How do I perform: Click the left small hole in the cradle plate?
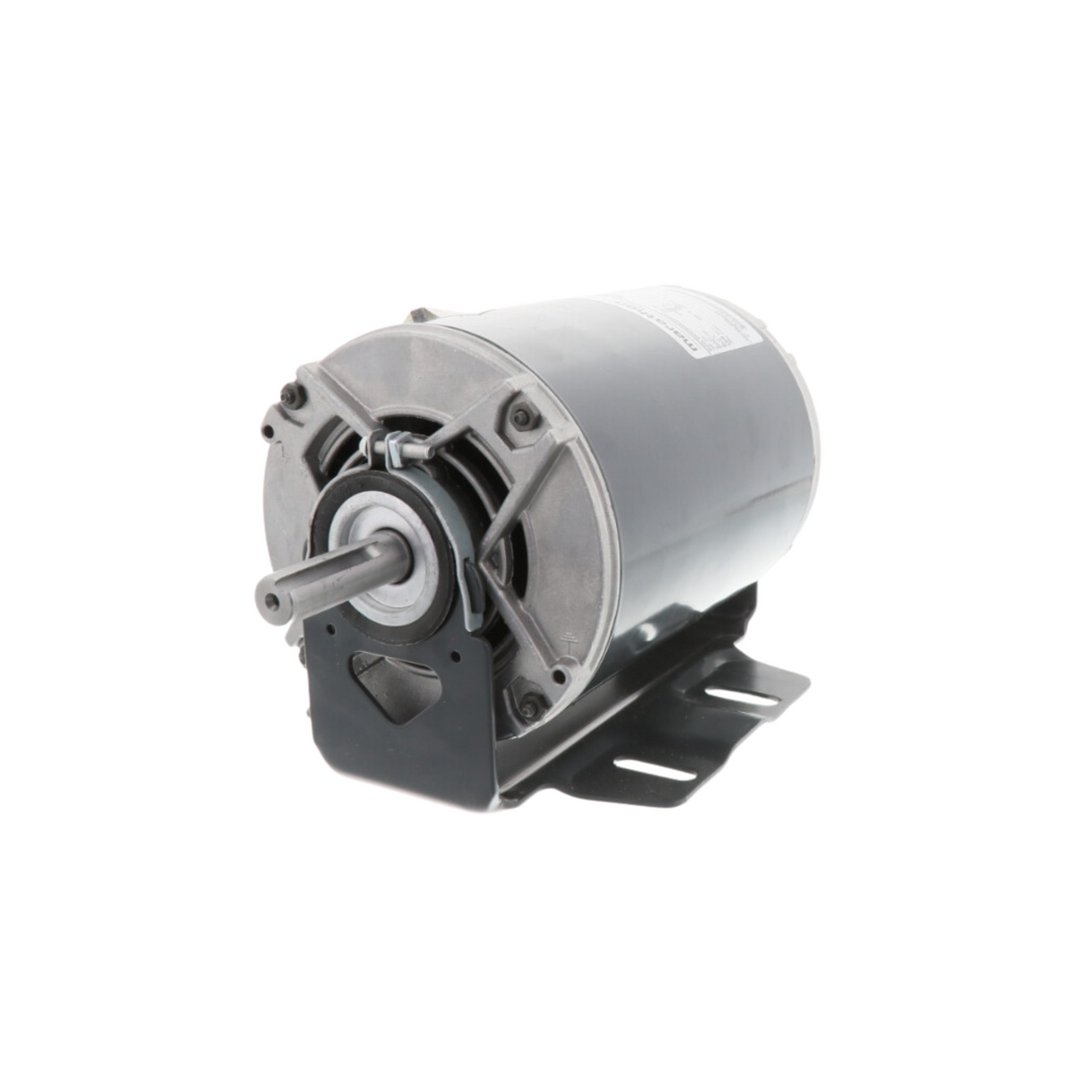[331, 629]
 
